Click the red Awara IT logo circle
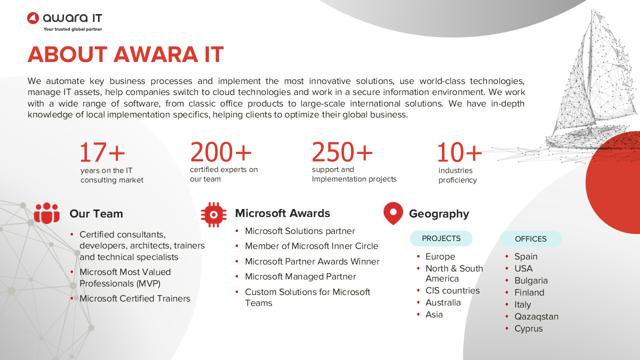[33, 18]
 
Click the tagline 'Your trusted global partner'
[72, 29]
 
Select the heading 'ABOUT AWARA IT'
[125, 54]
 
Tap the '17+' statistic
[102, 152]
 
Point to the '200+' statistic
[221, 151]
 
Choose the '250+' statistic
[342, 151]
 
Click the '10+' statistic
[459, 152]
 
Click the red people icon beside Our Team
[46, 213]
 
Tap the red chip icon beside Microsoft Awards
[213, 214]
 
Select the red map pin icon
[393, 213]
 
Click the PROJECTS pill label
[441, 238]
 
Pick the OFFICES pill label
[530, 239]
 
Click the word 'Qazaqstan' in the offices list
[536, 316]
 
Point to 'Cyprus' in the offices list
[528, 328]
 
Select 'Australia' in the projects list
[443, 302]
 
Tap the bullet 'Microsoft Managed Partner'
[300, 276]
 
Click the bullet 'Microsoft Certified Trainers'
[134, 298]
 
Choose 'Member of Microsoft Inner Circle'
[311, 246]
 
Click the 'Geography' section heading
[439, 213]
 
